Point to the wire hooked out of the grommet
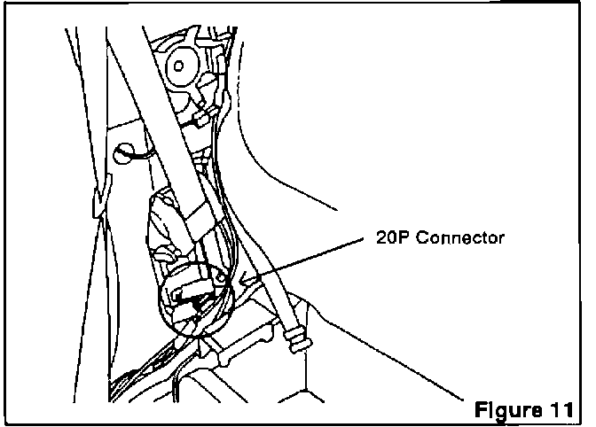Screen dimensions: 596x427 tap(142, 157)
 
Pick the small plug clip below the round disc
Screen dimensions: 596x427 tap(202, 115)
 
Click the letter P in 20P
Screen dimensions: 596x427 tap(407, 239)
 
